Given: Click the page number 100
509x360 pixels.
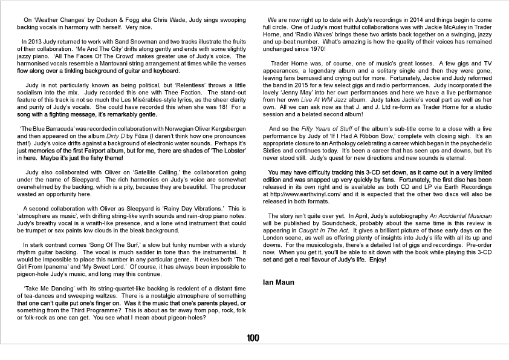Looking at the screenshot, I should coord(253,338).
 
